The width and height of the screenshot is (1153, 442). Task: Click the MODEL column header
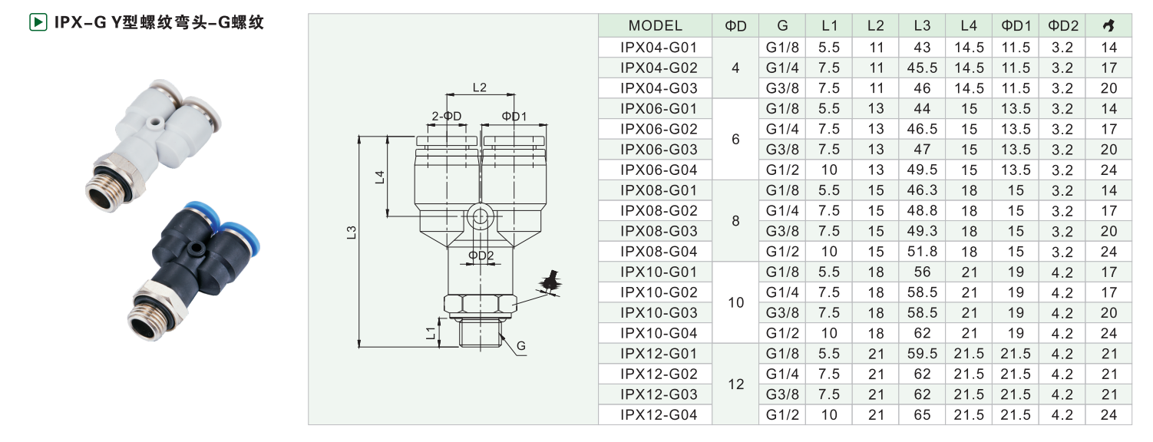coord(655,26)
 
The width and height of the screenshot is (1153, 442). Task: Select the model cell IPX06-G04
coord(659,170)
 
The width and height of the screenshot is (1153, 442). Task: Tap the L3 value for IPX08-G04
coord(922,252)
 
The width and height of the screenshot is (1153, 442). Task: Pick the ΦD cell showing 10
coord(735,302)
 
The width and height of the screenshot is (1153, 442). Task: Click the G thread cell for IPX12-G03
coord(782,394)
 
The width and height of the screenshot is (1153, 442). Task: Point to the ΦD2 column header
coord(1063,26)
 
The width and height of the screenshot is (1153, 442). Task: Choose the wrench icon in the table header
coord(1108,26)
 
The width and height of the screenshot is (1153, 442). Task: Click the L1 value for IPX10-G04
coord(829,334)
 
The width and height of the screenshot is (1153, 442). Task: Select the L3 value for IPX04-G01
coord(922,48)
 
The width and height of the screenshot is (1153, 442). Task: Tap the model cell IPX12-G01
coord(659,354)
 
